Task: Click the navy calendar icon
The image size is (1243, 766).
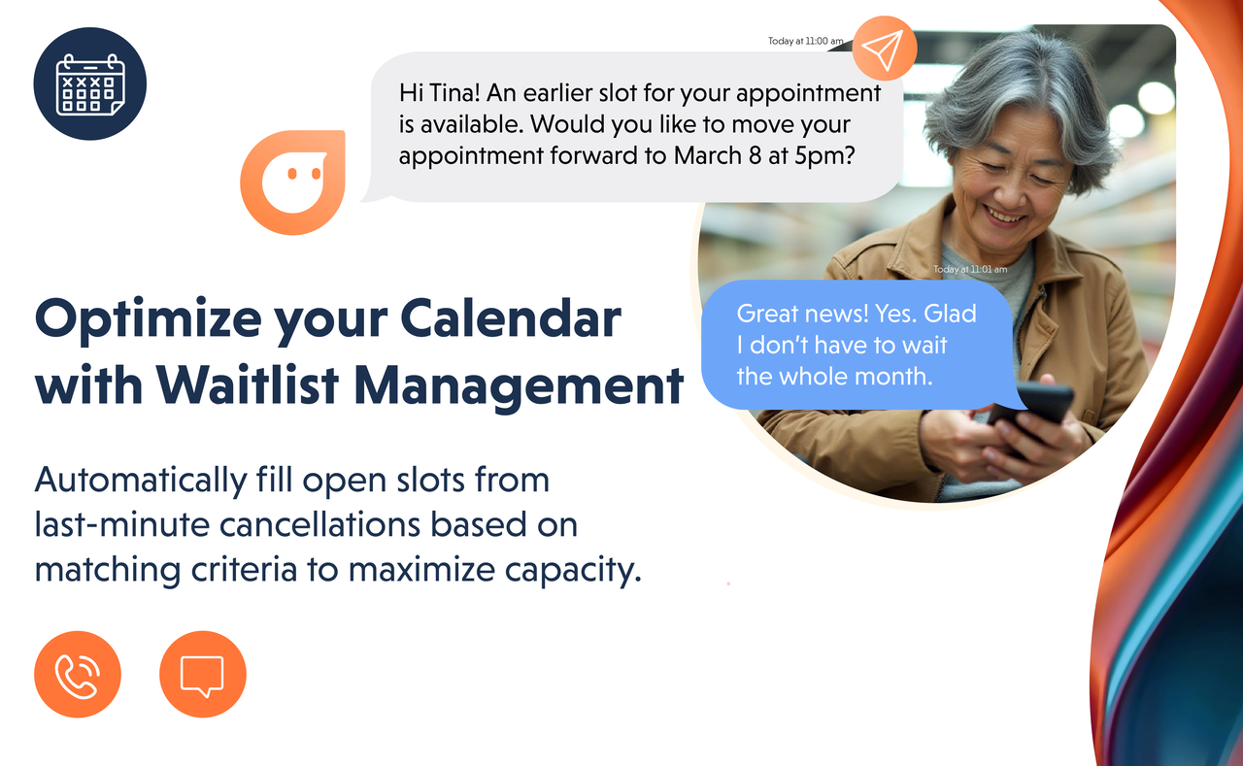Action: click(90, 83)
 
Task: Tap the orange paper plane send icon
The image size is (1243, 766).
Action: click(885, 49)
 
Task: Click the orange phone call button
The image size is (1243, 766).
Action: click(78, 674)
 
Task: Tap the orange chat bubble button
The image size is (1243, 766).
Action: click(203, 674)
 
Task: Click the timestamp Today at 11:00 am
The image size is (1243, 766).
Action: click(806, 41)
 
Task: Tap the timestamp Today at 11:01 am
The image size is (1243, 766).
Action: click(970, 269)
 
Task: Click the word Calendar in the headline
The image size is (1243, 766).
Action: click(511, 318)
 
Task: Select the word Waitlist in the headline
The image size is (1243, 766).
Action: click(248, 384)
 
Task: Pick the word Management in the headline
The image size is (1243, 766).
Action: click(519, 387)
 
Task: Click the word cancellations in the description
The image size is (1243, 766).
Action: click(319, 524)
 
